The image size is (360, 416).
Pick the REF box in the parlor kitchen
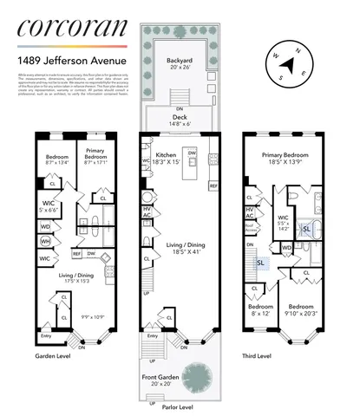[213, 185]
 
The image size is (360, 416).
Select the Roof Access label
[250, 228]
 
